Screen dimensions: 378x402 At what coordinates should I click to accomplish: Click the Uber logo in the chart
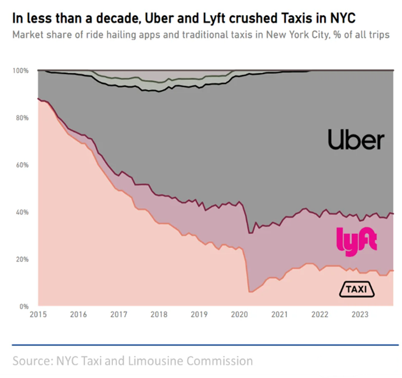(x=356, y=140)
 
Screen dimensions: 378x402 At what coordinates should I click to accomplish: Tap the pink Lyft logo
(x=357, y=241)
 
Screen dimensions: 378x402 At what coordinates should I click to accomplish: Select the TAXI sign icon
(x=357, y=289)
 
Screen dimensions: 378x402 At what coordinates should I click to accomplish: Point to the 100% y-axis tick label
(x=20, y=71)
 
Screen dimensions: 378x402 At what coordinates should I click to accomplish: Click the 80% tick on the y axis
(x=22, y=118)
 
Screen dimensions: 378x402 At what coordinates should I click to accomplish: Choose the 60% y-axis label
(x=22, y=165)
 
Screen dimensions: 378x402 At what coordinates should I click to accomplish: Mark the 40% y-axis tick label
(x=22, y=212)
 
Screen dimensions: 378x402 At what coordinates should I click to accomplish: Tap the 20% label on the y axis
(x=22, y=259)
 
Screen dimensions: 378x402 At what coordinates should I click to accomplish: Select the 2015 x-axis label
(x=37, y=315)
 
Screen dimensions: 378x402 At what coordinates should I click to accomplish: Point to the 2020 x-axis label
(x=239, y=315)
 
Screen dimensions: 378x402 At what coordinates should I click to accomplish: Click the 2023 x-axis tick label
(x=360, y=315)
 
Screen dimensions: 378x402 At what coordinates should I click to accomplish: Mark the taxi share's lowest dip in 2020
(x=250, y=292)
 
